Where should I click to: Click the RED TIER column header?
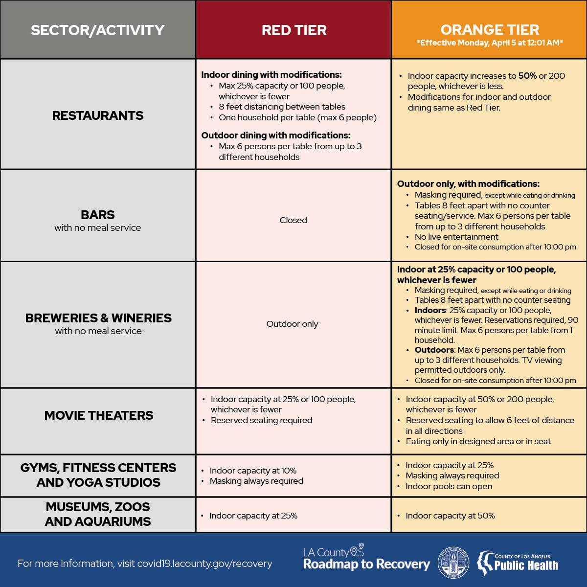click(293, 30)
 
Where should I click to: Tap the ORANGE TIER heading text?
click(489, 30)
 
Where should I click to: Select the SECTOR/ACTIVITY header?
click(98, 30)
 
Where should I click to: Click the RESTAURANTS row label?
click(98, 115)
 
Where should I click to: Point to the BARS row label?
click(98, 215)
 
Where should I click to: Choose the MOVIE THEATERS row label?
click(98, 415)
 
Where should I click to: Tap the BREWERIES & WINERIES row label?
click(98, 318)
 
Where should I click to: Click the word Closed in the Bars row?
click(293, 220)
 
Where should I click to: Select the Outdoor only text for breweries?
click(292, 324)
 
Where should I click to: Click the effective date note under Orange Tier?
click(489, 43)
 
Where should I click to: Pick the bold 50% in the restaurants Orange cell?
click(527, 76)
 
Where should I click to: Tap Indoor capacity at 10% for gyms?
click(253, 471)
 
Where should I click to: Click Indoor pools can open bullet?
click(449, 486)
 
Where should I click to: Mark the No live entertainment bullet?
click(450, 237)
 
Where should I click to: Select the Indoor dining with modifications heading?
click(271, 75)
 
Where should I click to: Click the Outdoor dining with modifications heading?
click(275, 135)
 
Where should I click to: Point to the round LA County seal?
click(453, 562)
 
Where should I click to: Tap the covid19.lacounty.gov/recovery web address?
click(204, 564)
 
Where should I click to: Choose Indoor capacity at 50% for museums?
click(450, 516)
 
